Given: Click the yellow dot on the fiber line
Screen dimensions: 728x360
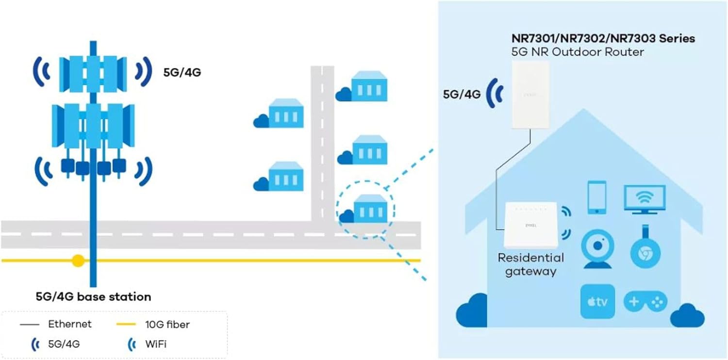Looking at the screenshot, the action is [78, 261].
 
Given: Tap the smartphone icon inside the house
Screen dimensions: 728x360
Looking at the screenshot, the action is [597, 197].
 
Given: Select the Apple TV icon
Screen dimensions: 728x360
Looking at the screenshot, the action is [597, 301].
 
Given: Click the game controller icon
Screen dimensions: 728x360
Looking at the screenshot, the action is [645, 301].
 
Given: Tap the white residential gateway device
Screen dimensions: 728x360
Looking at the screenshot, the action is [531, 225].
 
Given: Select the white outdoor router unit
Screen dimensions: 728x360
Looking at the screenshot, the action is [531, 95].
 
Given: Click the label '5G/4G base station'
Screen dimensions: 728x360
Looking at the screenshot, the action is [93, 296].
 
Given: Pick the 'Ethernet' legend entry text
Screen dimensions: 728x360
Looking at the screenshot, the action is [69, 324].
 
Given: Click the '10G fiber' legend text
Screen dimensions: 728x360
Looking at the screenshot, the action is [167, 324].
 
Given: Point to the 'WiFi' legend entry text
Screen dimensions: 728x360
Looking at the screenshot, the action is [156, 344].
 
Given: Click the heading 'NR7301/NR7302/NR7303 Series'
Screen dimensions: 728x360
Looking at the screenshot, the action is [603, 38].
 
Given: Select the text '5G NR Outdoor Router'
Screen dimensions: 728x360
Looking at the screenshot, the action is [578, 52].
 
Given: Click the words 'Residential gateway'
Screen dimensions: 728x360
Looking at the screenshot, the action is [531, 264].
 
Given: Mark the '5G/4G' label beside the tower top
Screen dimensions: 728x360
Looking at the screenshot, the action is [182, 72].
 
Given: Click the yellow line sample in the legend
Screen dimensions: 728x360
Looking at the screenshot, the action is [126, 324].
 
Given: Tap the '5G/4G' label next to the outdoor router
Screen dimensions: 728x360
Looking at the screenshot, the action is [462, 94].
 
